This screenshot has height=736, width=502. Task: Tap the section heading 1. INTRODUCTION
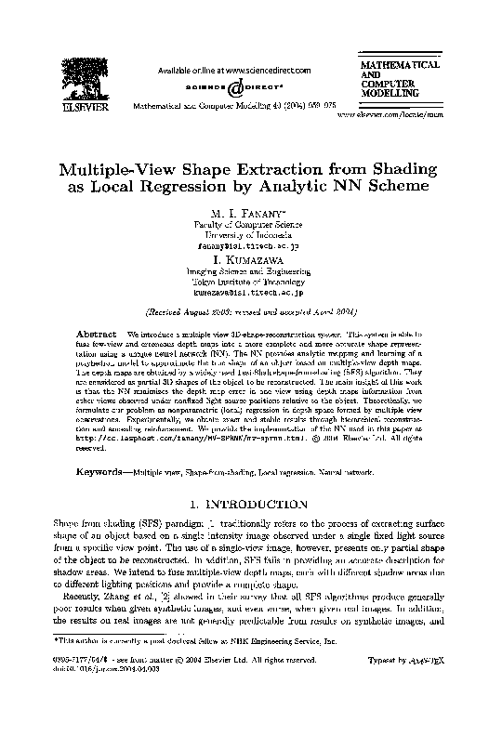252,505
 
